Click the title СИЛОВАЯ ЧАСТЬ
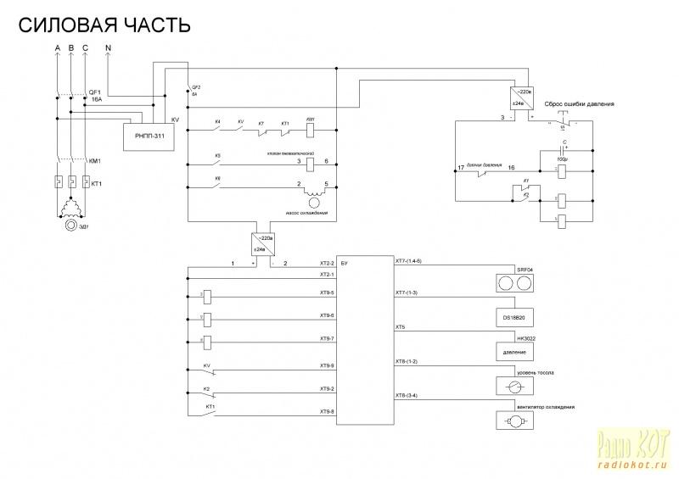(104, 25)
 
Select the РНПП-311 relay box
(149, 136)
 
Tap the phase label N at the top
(108, 47)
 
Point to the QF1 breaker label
(94, 91)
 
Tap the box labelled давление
(514, 350)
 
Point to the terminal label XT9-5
(327, 292)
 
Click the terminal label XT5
(401, 326)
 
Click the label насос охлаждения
(308, 213)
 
